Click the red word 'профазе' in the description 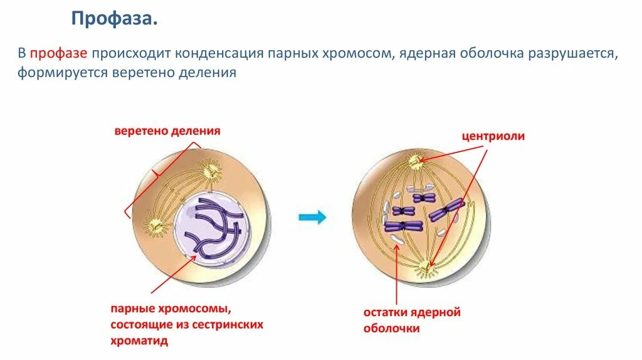(x=63, y=54)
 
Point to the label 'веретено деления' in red (x=167, y=131)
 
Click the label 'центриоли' (x=493, y=135)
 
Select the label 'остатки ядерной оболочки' (x=412, y=319)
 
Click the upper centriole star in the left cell (x=209, y=169)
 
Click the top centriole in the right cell (x=416, y=162)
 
